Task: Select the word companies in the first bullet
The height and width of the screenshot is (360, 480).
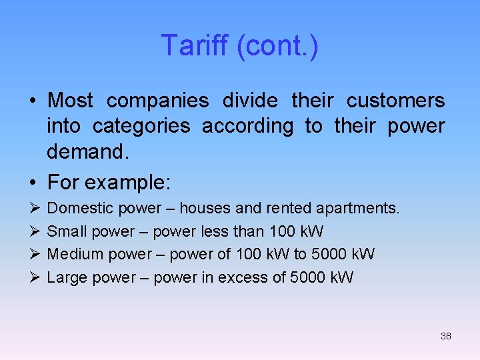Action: (x=157, y=101)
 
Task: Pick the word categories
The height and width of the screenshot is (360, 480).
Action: (x=141, y=126)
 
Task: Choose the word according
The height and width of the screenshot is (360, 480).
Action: (x=247, y=126)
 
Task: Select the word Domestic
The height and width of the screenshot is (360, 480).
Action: (x=80, y=209)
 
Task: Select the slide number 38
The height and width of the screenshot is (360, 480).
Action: (x=446, y=336)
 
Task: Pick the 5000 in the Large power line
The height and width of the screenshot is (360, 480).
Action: (x=309, y=277)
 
